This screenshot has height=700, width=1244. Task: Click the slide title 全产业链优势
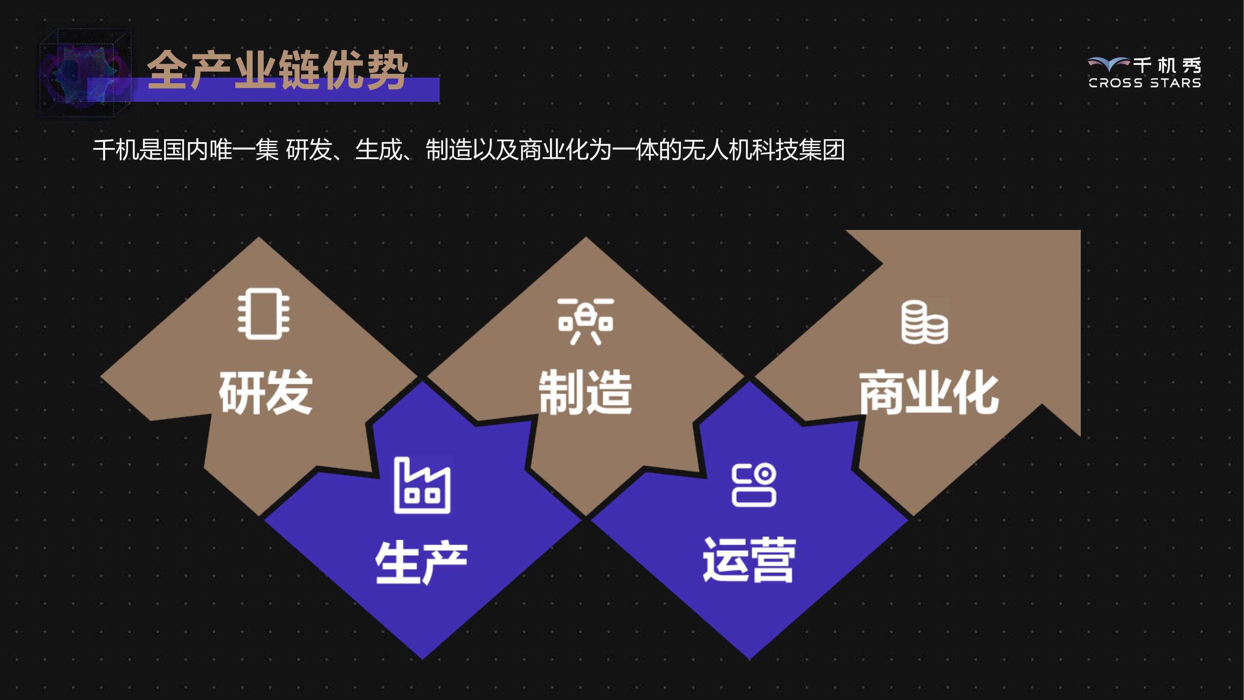278,70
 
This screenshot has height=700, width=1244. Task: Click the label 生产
421,562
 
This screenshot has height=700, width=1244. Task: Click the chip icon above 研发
264,314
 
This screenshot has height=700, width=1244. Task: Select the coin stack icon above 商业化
924,322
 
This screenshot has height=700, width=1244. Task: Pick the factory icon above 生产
422,485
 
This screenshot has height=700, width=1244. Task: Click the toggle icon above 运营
754,485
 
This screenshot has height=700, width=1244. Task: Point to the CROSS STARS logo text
1144,83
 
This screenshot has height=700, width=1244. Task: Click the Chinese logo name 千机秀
1167,65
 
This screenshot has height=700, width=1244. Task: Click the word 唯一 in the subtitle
232,149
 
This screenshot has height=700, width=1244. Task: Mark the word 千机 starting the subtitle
116,149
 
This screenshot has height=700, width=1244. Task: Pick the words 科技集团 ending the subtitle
798,149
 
